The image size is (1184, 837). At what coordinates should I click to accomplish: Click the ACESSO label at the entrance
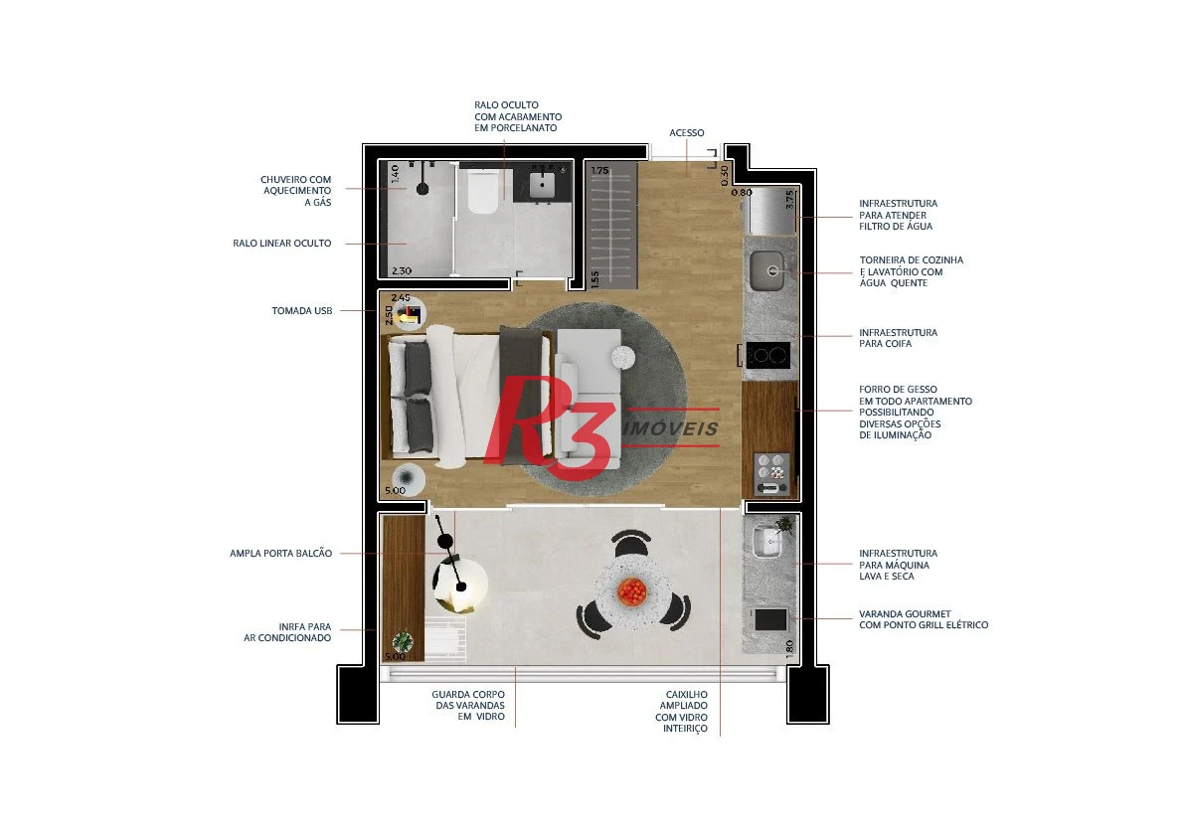coord(686,133)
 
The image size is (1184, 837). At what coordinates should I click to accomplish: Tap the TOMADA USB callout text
coord(302,311)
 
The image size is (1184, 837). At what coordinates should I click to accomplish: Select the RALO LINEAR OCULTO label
coord(281,243)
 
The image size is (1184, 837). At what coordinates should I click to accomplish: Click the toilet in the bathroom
coord(482,192)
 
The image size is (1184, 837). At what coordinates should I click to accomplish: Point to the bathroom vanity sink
coord(542,184)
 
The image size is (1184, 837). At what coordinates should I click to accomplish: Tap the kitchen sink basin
coord(770,271)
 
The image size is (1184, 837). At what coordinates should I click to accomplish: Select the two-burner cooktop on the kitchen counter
coord(767,355)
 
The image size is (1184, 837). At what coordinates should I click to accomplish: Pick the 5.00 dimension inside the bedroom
coord(395,491)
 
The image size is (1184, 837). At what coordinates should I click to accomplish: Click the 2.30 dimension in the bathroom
coord(401,271)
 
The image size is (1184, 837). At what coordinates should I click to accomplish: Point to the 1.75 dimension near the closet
coord(599,171)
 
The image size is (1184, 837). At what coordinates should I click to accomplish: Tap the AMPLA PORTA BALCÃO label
coord(281,554)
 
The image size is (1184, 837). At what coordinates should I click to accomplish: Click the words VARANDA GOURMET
coord(905,614)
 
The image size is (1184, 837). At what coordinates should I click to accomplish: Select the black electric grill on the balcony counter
coord(770,619)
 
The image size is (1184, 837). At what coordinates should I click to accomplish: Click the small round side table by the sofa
coord(623,357)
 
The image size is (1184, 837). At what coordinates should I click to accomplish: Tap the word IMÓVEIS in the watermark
coord(671,428)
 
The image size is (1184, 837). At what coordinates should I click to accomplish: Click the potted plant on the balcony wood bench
coord(403,642)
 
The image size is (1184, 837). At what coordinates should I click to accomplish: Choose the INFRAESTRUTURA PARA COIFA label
coord(898,338)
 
